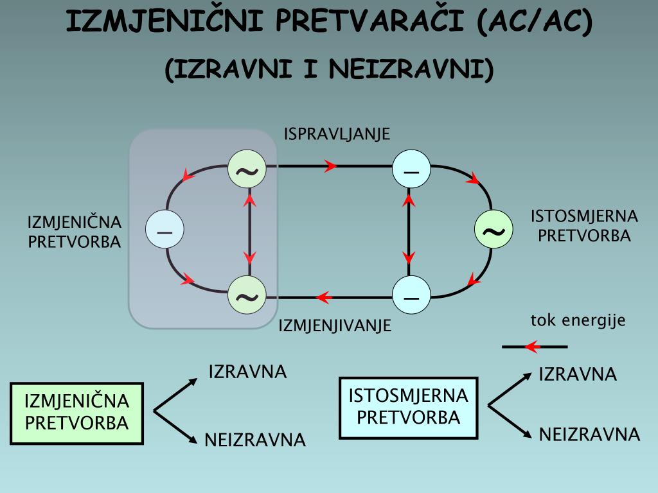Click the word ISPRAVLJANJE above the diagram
pos(337,134)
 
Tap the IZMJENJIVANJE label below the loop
pos(335,325)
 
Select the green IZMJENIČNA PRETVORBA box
pos(76,412)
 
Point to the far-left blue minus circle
pos(164,229)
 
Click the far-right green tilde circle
pos(493,230)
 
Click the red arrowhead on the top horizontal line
pos(331,166)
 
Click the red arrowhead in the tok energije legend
pos(531,347)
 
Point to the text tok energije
pos(578,320)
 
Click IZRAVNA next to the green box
pos(247,372)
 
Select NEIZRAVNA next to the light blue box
pos(589,435)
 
